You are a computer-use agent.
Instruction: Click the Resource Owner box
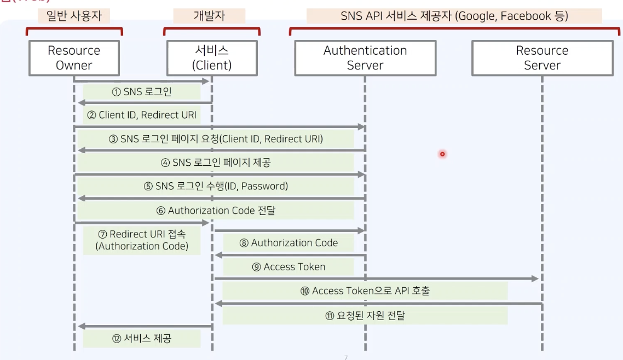pyautogui.click(x=74, y=58)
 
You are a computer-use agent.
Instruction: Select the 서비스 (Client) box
pyautogui.click(x=211, y=58)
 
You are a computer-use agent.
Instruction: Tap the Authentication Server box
pyautogui.click(x=365, y=58)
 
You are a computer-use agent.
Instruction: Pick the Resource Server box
pyautogui.click(x=542, y=58)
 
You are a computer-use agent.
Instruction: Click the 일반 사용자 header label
pyautogui.click(x=74, y=16)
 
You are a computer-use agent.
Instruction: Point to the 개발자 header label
pyautogui.click(x=210, y=16)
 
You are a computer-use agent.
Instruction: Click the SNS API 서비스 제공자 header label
pyautogui.click(x=454, y=16)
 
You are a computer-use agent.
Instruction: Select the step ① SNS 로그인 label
pyautogui.click(x=142, y=92)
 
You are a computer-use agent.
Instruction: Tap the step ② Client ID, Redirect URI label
pyautogui.click(x=142, y=115)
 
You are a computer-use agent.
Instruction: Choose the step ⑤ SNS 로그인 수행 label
pyautogui.click(x=216, y=186)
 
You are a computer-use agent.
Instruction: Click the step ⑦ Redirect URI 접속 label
pyautogui.click(x=142, y=240)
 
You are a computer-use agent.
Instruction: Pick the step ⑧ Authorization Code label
pyautogui.click(x=289, y=243)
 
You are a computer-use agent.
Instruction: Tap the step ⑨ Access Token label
pyautogui.click(x=289, y=267)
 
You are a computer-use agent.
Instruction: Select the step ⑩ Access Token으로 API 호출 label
pyautogui.click(x=365, y=291)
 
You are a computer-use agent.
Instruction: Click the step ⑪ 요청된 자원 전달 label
pyautogui.click(x=365, y=315)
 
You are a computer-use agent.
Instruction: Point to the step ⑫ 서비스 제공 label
pyautogui.click(x=142, y=339)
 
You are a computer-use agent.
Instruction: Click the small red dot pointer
pyautogui.click(x=442, y=154)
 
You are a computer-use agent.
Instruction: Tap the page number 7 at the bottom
pyautogui.click(x=345, y=357)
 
